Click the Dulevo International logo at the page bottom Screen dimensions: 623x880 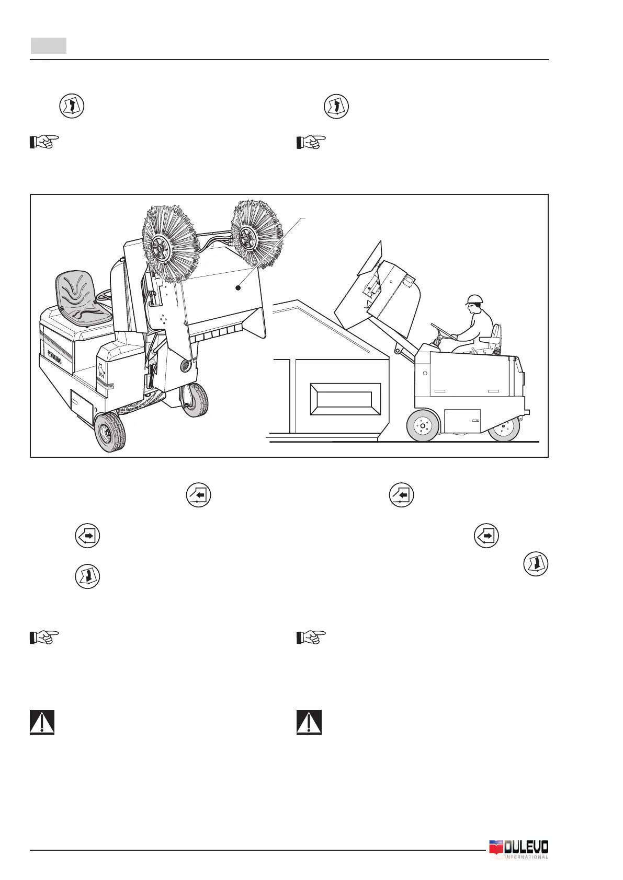518,849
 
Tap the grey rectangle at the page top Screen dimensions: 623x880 48,45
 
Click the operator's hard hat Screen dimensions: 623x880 474,299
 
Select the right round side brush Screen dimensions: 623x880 257,231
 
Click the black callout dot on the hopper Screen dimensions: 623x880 238,287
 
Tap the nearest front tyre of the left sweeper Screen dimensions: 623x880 110,432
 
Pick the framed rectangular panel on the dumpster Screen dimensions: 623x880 345,399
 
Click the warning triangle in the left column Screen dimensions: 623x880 42,722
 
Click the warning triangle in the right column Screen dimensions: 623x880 309,722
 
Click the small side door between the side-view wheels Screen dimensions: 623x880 462,421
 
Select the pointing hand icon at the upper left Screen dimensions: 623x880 44,142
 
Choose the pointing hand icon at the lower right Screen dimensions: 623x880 311,638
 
